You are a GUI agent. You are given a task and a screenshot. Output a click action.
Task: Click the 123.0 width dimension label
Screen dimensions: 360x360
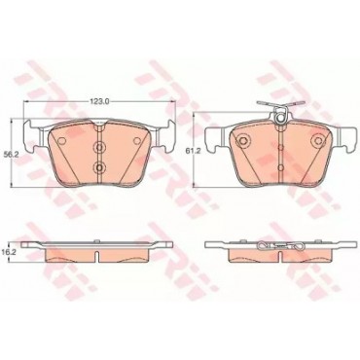(x=99, y=101)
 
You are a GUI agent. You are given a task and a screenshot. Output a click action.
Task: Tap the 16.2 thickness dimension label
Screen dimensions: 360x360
(x=13, y=251)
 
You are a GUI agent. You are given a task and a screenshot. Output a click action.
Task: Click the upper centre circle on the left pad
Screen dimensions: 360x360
(x=99, y=148)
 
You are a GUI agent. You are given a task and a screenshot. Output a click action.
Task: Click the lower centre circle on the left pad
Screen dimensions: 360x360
(x=99, y=167)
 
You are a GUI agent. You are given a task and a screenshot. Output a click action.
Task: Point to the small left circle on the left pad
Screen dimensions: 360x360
(x=60, y=141)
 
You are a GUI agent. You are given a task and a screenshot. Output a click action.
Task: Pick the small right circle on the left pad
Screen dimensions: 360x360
(x=137, y=141)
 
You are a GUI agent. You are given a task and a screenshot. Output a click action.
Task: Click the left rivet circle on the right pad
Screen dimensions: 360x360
(x=242, y=140)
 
